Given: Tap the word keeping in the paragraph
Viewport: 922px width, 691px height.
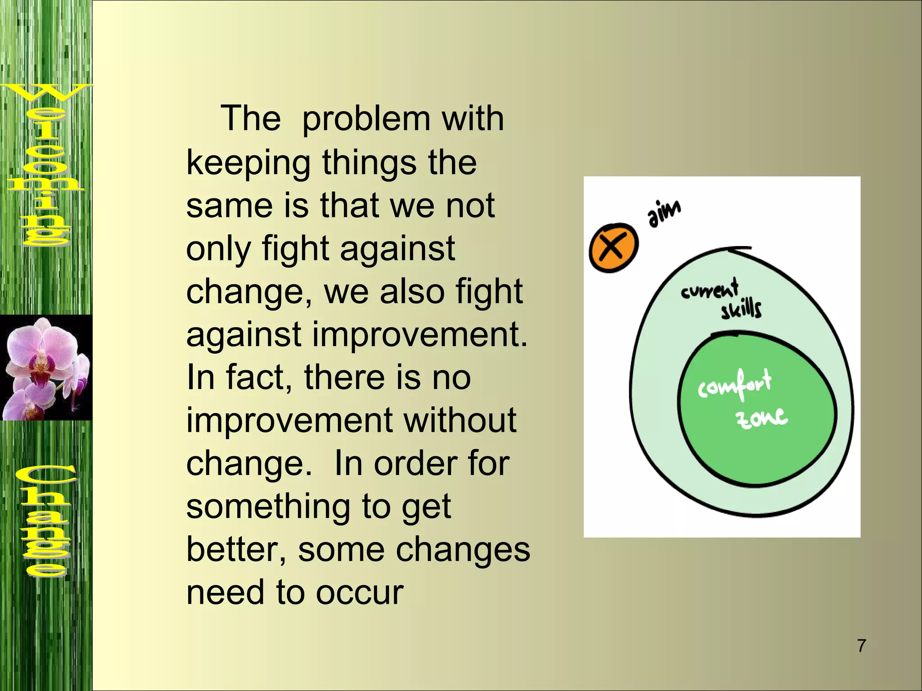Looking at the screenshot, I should click(248, 163).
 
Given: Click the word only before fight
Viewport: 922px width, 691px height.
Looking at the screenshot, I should click(218, 249).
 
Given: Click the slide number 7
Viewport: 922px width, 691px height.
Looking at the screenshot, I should click(861, 646).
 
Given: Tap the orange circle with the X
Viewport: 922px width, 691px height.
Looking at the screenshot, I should click(614, 247).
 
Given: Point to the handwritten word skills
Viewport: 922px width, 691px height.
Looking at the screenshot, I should click(741, 310).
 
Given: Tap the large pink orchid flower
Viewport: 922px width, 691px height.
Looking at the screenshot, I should click(43, 351).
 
